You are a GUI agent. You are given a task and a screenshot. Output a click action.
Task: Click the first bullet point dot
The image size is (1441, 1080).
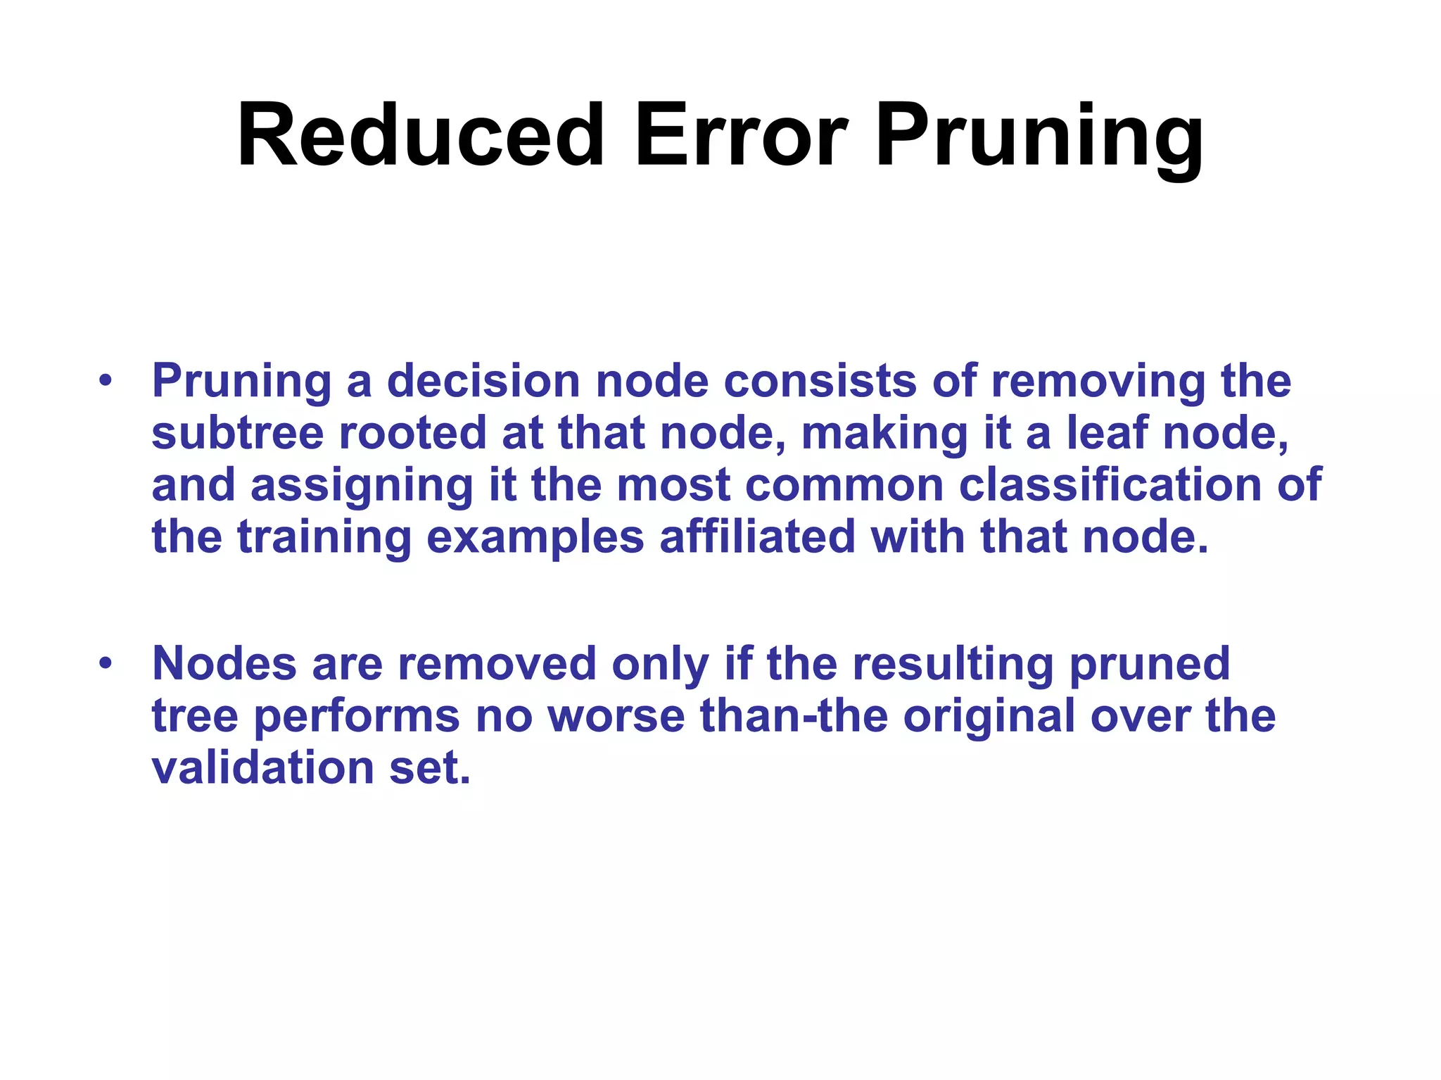point(106,381)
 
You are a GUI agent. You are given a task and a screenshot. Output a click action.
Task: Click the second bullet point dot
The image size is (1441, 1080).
point(106,663)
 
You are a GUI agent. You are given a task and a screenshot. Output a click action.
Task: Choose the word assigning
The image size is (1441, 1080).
point(362,487)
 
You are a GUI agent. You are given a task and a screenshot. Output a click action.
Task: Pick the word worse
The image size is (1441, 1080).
point(616,717)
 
